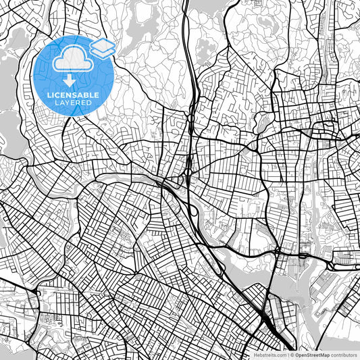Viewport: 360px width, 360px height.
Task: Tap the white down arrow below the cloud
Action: tap(73, 80)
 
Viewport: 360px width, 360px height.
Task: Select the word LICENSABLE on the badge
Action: tap(73, 95)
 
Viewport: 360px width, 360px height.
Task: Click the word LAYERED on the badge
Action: tap(73, 103)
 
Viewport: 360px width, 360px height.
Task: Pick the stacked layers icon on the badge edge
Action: tap(103, 47)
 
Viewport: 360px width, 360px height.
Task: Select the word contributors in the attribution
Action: tap(344, 355)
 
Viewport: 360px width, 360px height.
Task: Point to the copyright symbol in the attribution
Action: tap(293, 355)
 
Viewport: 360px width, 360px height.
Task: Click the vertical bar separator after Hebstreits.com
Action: tap(288, 355)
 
